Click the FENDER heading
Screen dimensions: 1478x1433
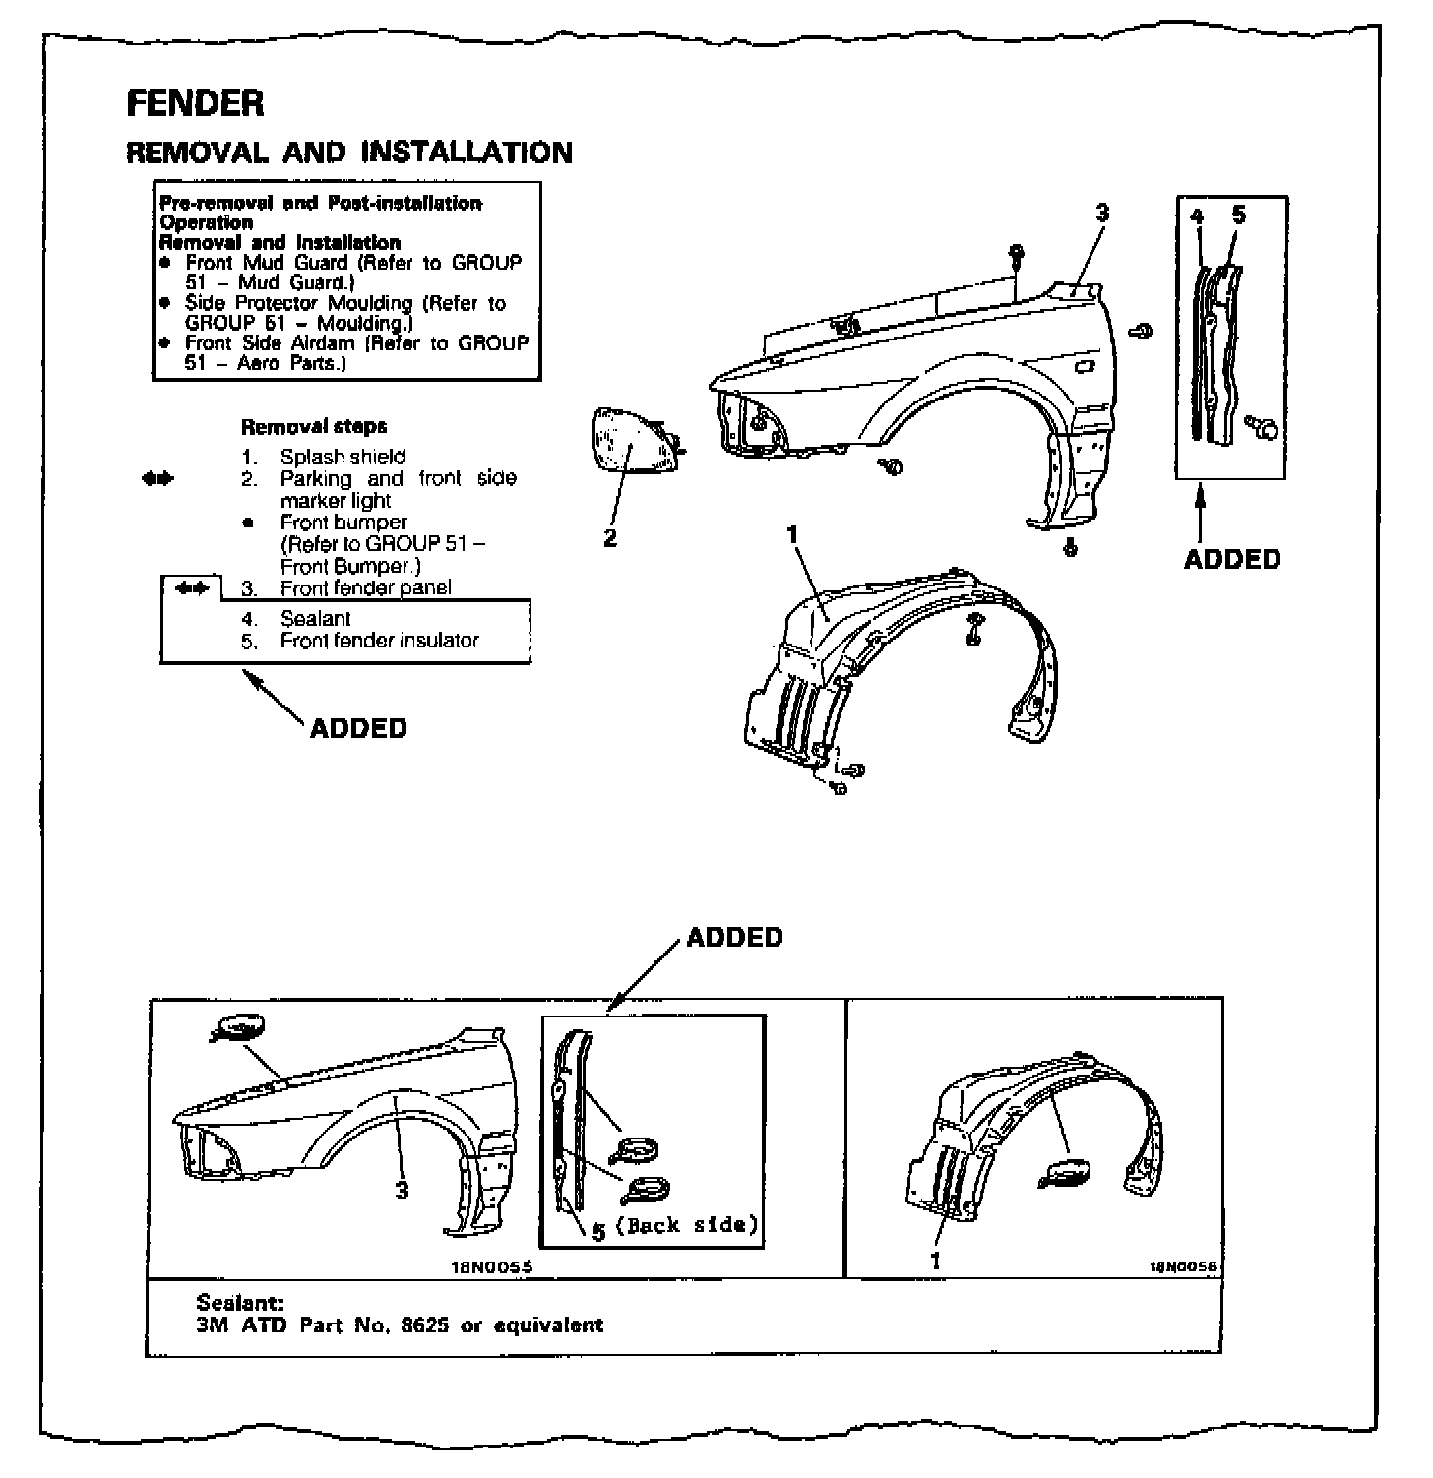click(x=195, y=103)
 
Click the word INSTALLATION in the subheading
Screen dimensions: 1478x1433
click(x=467, y=153)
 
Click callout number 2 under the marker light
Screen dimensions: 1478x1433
click(x=610, y=538)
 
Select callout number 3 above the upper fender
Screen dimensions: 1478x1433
click(x=1102, y=213)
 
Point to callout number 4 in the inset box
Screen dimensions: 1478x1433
click(x=1197, y=216)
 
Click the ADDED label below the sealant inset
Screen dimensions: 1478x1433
click(x=1231, y=559)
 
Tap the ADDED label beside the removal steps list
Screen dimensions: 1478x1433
click(x=358, y=728)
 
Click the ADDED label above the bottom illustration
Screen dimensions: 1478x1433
click(x=734, y=937)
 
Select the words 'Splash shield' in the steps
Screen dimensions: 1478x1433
click(x=343, y=457)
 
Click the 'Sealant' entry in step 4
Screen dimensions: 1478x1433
click(x=315, y=618)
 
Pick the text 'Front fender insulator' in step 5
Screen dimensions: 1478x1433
click(x=379, y=640)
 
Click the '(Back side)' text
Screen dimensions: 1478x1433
click(x=687, y=1225)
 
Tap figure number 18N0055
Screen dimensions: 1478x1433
click(x=490, y=1268)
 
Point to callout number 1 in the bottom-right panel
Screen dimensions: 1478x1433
click(x=936, y=1260)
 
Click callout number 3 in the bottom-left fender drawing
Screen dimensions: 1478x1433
click(x=402, y=1190)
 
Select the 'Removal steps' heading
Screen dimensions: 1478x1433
click(x=314, y=426)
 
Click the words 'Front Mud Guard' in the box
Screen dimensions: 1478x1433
click(x=266, y=263)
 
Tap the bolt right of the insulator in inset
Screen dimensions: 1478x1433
click(x=1264, y=427)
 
